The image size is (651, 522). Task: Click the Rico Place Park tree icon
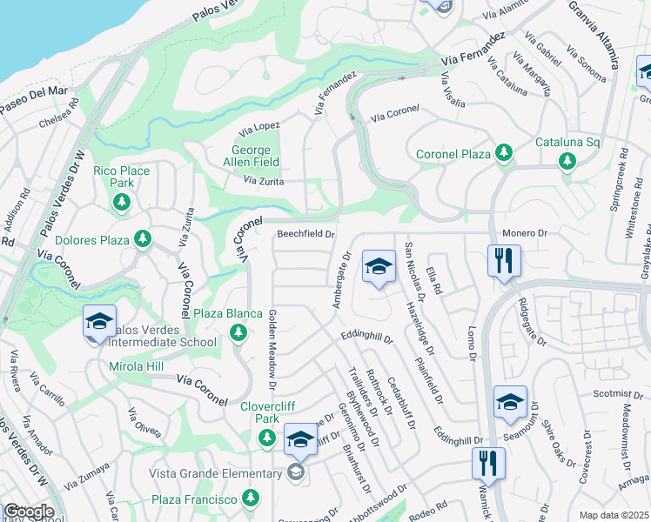click(122, 203)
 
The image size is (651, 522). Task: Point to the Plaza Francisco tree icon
click(251, 499)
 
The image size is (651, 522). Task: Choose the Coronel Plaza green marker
click(503, 154)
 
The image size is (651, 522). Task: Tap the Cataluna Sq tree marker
click(567, 160)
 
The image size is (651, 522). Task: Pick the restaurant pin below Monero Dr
click(504, 260)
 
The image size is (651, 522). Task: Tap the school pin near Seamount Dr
click(510, 402)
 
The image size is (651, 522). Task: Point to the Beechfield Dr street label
click(306, 234)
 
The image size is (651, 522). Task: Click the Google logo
click(29, 512)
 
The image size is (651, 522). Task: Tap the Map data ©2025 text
click(613, 515)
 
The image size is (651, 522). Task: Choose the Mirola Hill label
click(136, 368)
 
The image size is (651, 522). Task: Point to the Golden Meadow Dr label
click(272, 348)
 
